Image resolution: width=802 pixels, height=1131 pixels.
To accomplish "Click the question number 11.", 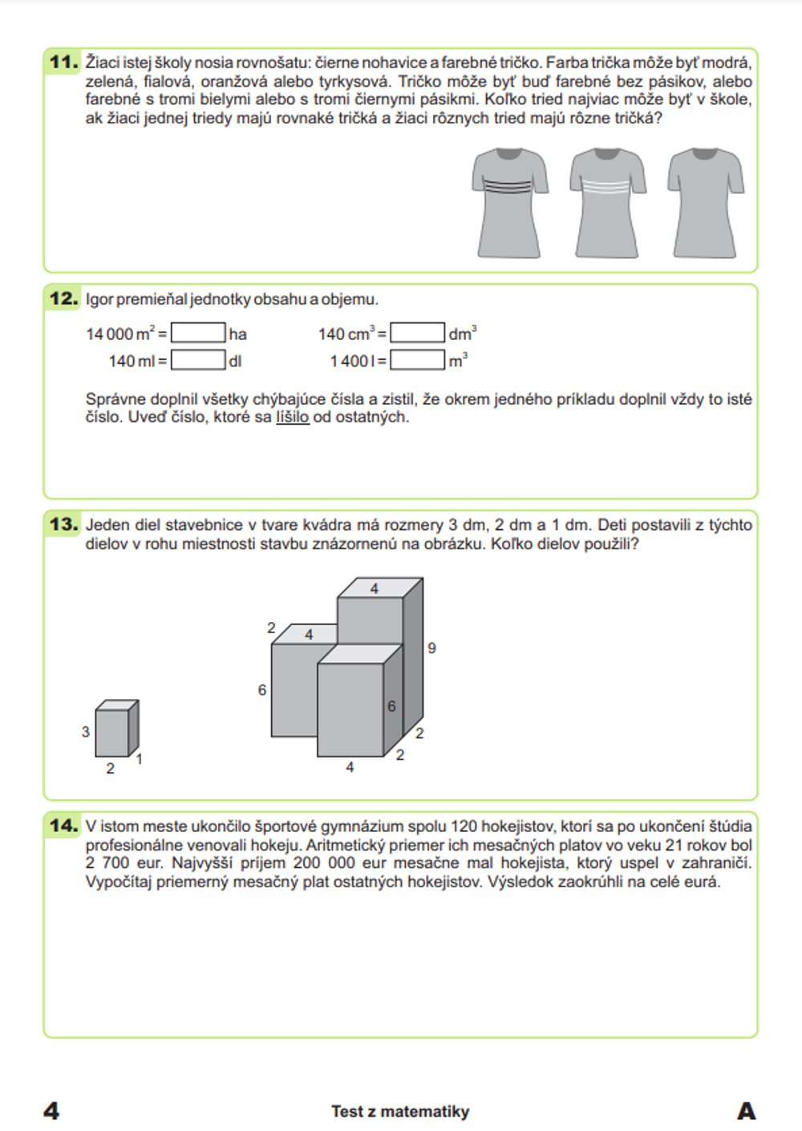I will coord(63,62).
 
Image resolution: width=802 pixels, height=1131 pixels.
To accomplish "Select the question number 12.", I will coord(63,299).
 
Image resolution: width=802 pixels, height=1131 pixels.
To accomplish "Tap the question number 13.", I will coord(63,525).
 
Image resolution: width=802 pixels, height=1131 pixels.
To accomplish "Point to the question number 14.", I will coord(63,826).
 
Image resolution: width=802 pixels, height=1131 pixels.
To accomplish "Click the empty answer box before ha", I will coord(198,333).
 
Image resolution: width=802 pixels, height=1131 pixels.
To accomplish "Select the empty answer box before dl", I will coord(198,361).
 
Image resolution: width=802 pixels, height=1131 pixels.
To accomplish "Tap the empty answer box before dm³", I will coord(418,333).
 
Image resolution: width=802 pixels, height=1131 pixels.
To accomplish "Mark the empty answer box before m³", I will coord(418,361).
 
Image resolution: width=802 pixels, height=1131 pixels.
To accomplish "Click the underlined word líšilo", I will coord(293,418).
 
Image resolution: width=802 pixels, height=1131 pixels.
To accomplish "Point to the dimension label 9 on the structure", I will coord(431,648).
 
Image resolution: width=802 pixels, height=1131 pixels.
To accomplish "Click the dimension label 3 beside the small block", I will coord(86,732).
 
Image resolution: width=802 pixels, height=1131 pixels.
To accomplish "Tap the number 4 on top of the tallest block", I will coord(374,589).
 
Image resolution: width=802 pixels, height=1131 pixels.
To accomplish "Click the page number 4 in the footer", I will coord(51,1111).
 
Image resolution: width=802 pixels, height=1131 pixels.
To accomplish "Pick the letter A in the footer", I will coord(746,1111).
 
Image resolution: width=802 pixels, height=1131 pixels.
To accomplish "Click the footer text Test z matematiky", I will coord(400,1112).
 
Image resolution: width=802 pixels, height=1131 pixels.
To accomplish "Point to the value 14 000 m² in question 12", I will coord(121,334).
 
